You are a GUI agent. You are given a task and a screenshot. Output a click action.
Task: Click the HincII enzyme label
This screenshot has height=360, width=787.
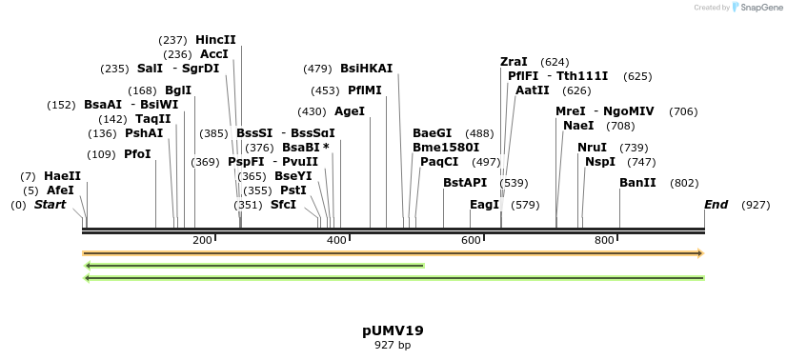point(215,40)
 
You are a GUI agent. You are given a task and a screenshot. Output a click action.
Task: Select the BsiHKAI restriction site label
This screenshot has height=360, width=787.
point(366,69)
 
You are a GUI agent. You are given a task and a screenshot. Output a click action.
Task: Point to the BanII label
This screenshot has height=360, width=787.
point(637,183)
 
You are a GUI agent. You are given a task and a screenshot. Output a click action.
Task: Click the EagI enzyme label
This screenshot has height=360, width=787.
point(484,205)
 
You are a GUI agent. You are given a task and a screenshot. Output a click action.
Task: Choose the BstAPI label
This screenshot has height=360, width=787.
point(465,183)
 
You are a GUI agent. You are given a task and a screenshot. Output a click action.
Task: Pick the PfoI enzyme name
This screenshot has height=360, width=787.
point(137,154)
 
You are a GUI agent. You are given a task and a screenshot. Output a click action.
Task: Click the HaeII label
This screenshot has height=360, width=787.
point(62,176)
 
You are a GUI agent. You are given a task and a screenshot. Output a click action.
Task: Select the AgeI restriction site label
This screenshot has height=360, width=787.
point(350,111)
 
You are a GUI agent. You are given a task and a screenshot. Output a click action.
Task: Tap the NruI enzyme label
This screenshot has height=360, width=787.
point(592,148)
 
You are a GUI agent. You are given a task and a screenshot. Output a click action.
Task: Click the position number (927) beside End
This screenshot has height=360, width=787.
point(756,205)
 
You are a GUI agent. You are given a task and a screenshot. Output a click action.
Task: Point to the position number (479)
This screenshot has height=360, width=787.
point(317,69)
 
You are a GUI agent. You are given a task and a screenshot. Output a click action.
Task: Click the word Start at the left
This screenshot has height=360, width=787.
point(50,205)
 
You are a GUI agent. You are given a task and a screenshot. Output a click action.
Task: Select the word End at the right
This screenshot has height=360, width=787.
point(716,205)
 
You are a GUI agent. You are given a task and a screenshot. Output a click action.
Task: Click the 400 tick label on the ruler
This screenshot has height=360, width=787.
point(336,240)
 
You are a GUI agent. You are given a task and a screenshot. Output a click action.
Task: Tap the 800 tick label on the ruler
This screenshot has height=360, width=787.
point(604,240)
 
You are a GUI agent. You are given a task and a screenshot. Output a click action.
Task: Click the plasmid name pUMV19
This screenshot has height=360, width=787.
point(393,331)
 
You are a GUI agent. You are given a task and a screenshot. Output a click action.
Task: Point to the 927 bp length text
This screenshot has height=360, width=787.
point(393,345)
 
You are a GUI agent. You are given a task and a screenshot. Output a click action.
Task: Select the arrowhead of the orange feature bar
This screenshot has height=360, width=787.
point(700,253)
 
